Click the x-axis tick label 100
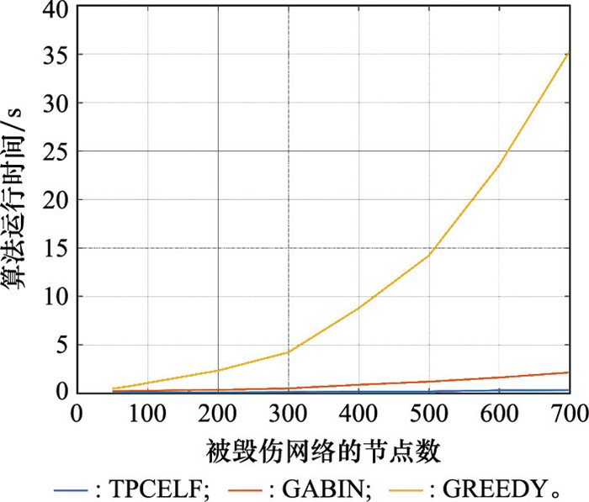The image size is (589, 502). click(147, 414)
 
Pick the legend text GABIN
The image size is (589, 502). click(324, 488)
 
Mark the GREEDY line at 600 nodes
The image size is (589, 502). click(500, 165)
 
